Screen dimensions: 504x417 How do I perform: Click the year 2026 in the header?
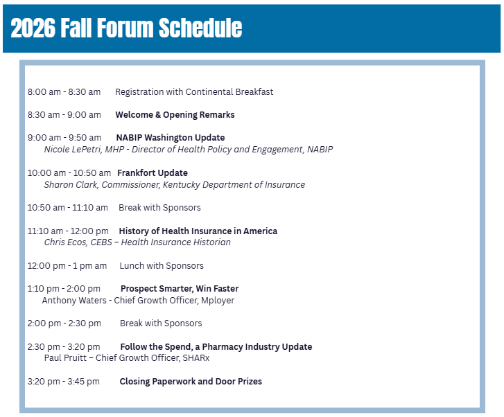[x=33, y=28]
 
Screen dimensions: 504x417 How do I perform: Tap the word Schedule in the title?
[x=200, y=28]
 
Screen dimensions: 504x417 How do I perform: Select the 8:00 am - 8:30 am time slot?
[x=64, y=92]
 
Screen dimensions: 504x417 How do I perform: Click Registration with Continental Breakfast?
[x=194, y=92]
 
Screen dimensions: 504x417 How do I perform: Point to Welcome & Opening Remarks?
[x=175, y=115]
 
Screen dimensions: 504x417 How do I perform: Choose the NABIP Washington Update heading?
[x=171, y=138]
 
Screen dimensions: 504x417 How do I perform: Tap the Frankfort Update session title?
[x=153, y=173]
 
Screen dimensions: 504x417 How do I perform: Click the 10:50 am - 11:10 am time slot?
[x=67, y=208]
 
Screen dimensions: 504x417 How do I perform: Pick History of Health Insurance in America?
[x=198, y=231]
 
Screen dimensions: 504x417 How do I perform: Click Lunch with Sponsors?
[x=162, y=266]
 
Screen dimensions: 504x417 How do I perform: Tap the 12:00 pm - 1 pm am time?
[x=67, y=266]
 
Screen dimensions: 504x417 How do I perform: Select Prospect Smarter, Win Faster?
[x=180, y=289]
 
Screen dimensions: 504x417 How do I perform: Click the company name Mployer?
[x=218, y=301]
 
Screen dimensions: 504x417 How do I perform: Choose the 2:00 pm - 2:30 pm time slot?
[x=64, y=323]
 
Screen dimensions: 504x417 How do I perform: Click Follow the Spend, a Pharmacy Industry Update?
[x=216, y=347]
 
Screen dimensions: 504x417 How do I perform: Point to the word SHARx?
[x=195, y=358]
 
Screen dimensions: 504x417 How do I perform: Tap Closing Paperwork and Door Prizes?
[x=191, y=382]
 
